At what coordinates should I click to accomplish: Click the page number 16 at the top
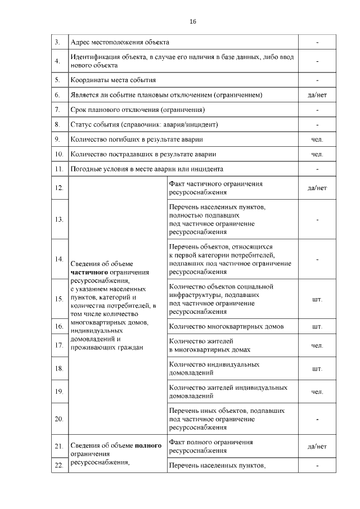coord(193,21)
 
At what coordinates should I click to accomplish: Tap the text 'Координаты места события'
coord(112,80)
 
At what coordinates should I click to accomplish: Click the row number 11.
coord(58,169)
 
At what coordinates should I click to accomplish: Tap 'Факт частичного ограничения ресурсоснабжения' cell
coord(215,188)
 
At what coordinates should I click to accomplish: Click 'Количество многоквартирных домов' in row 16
coord(226,326)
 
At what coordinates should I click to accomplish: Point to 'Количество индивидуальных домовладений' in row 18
coord(214,368)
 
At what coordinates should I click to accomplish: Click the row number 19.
coord(58,391)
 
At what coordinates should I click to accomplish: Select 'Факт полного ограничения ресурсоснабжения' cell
coord(210,447)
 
